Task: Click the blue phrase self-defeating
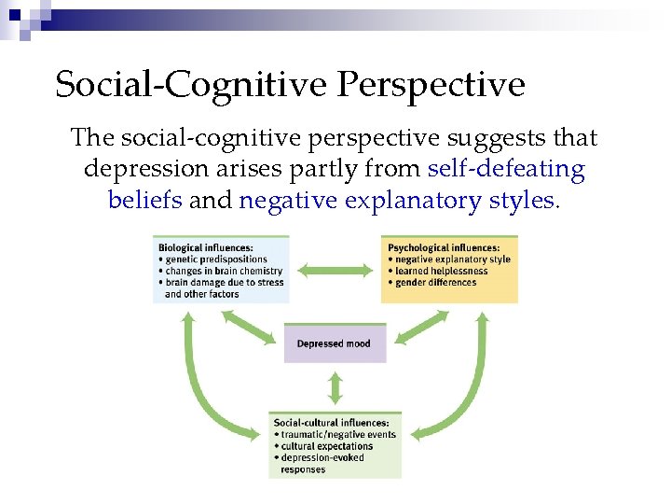coord(506,170)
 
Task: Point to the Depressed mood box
coord(334,343)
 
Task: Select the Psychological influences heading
coord(444,247)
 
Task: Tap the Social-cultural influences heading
coord(332,423)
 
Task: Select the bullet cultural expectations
coord(326,446)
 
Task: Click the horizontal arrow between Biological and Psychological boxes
coord(335,269)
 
